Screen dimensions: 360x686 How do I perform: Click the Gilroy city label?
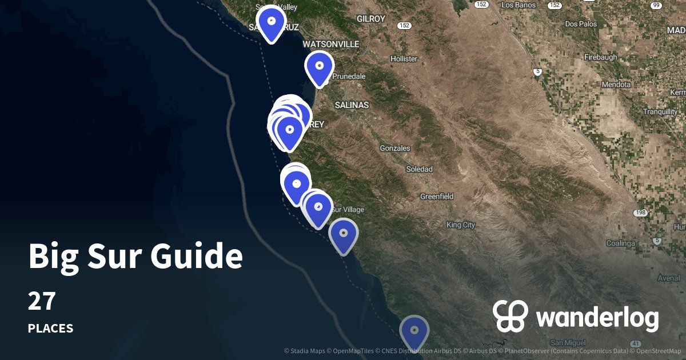pyautogui.click(x=371, y=19)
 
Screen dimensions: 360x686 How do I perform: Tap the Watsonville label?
pyautogui.click(x=330, y=44)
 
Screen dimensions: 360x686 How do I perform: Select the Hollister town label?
pyautogui.click(x=404, y=59)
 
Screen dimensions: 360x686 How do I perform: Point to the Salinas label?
pyautogui.click(x=352, y=105)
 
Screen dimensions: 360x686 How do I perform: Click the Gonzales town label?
pyautogui.click(x=395, y=148)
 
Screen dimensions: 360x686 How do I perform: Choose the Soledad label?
pyautogui.click(x=419, y=169)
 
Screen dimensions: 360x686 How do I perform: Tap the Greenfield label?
pyautogui.click(x=437, y=196)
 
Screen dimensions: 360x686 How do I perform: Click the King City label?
pyautogui.click(x=461, y=225)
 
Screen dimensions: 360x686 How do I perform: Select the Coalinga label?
pyautogui.click(x=620, y=243)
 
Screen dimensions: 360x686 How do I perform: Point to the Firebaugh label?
pyautogui.click(x=601, y=58)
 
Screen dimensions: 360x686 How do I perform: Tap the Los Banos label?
pyautogui.click(x=518, y=5)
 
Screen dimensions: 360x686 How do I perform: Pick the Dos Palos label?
pyautogui.click(x=580, y=24)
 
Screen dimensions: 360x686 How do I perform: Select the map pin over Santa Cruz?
pyautogui.click(x=272, y=23)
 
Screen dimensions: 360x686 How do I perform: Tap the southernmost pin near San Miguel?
pyautogui.click(x=414, y=331)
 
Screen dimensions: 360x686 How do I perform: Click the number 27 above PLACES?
pyautogui.click(x=41, y=301)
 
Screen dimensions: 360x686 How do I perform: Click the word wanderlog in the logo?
pyautogui.click(x=597, y=318)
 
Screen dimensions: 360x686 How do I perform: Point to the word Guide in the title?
pyautogui.click(x=196, y=257)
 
